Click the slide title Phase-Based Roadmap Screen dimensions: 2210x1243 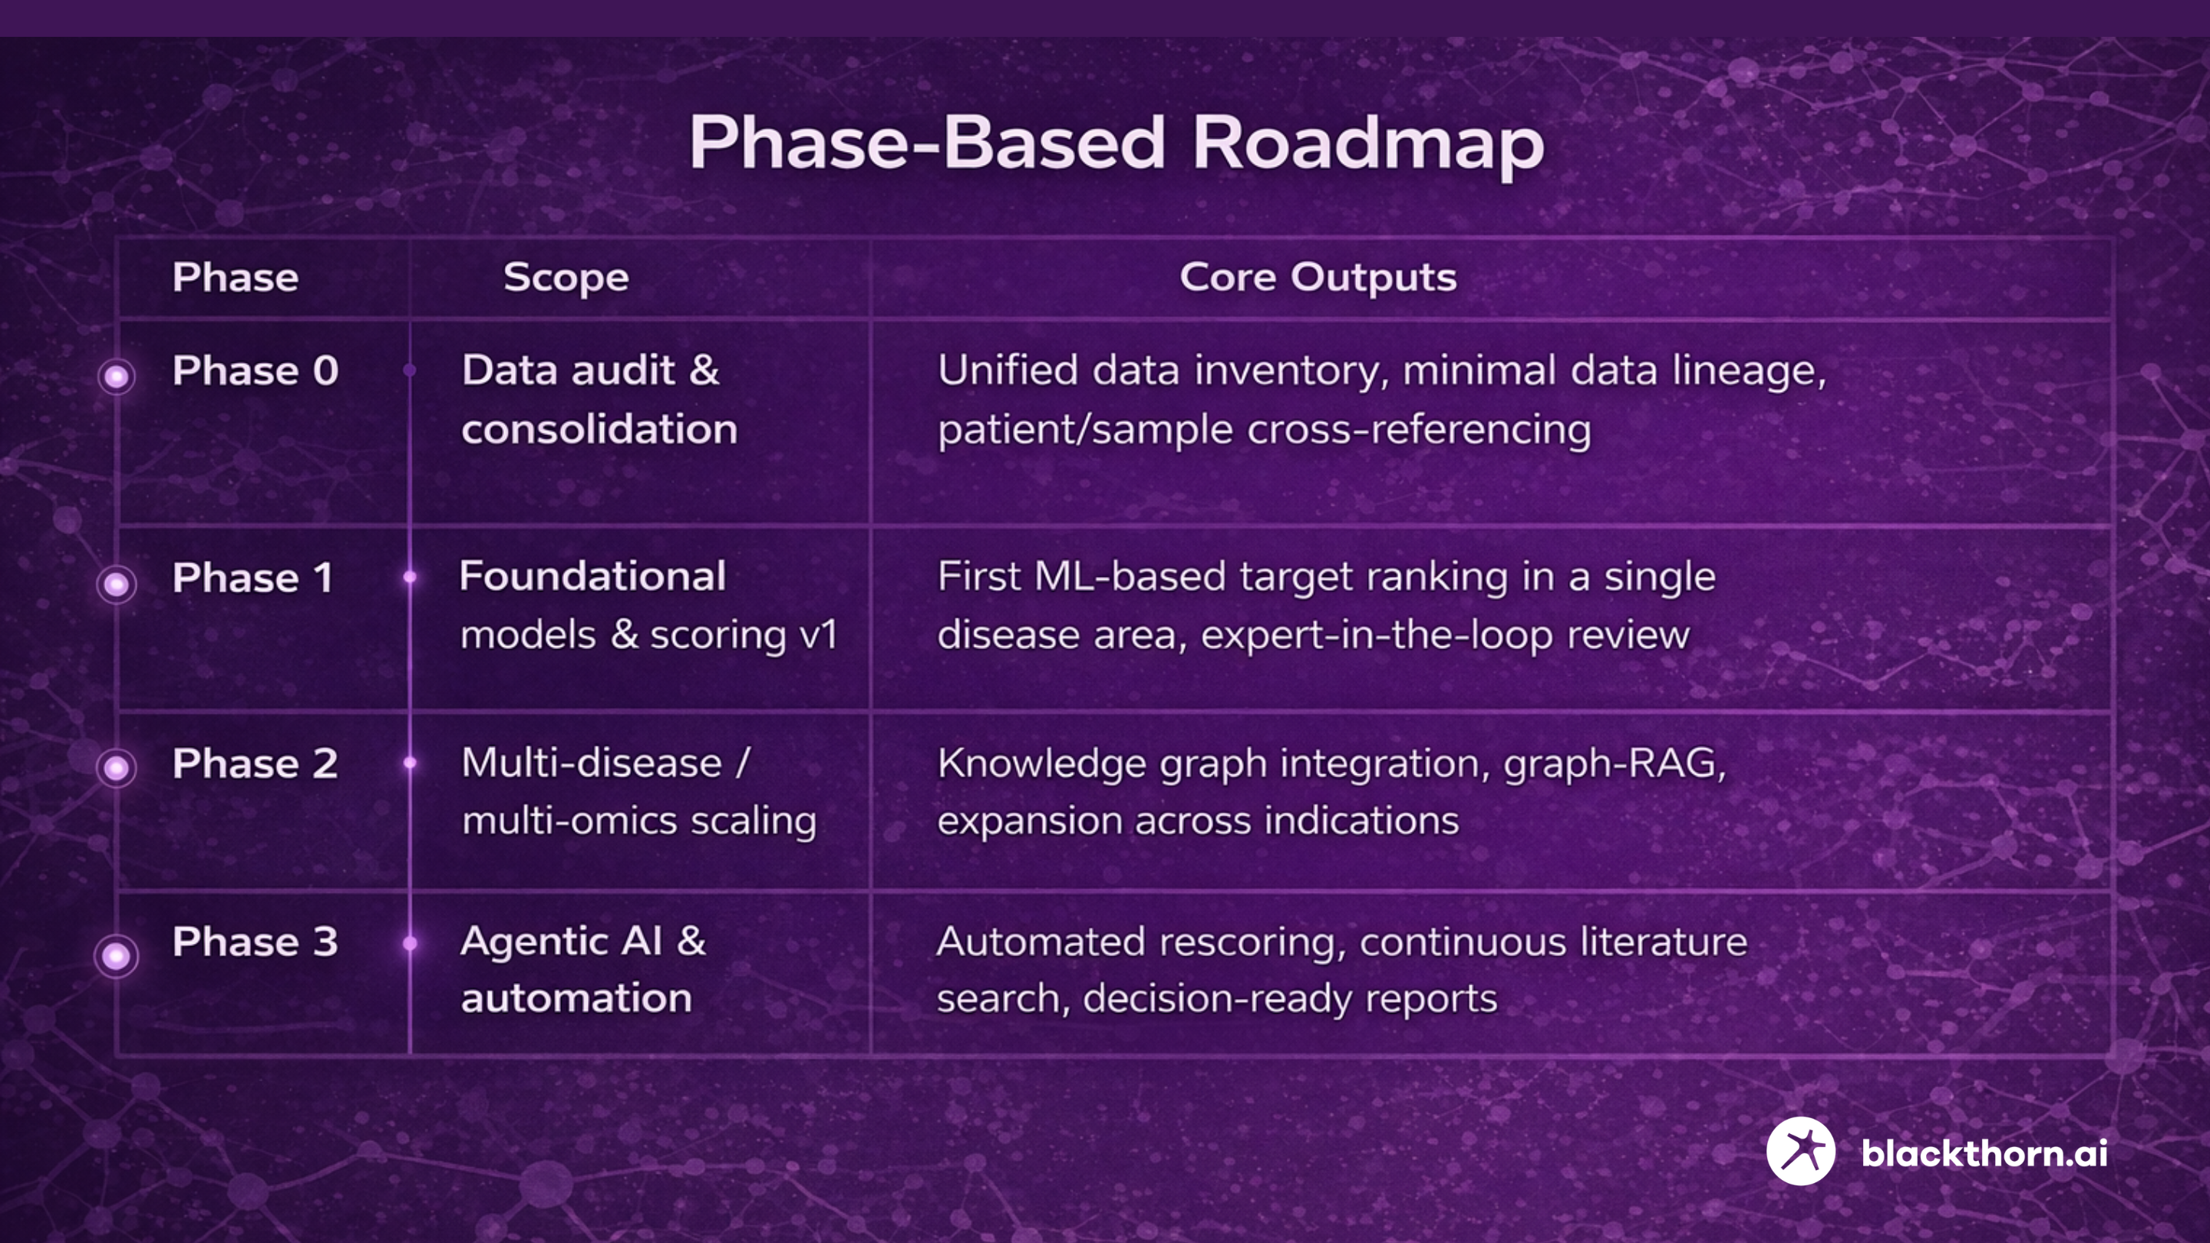click(1117, 144)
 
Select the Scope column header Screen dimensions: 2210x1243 click(566, 278)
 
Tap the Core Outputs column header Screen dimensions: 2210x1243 click(1318, 277)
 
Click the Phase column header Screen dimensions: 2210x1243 click(235, 277)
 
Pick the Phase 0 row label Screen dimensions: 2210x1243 click(256, 371)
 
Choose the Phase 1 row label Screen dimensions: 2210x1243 click(253, 577)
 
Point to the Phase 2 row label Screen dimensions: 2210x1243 click(256, 763)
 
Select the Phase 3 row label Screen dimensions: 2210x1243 click(256, 942)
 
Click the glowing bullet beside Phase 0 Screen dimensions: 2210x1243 click(117, 376)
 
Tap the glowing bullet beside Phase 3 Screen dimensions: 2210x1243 click(117, 955)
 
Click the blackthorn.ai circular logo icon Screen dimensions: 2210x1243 click(1801, 1151)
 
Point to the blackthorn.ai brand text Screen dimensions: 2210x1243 click(1984, 1153)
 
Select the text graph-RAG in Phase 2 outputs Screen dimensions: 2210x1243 click(1614, 764)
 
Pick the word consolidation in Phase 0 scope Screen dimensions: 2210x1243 click(599, 429)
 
